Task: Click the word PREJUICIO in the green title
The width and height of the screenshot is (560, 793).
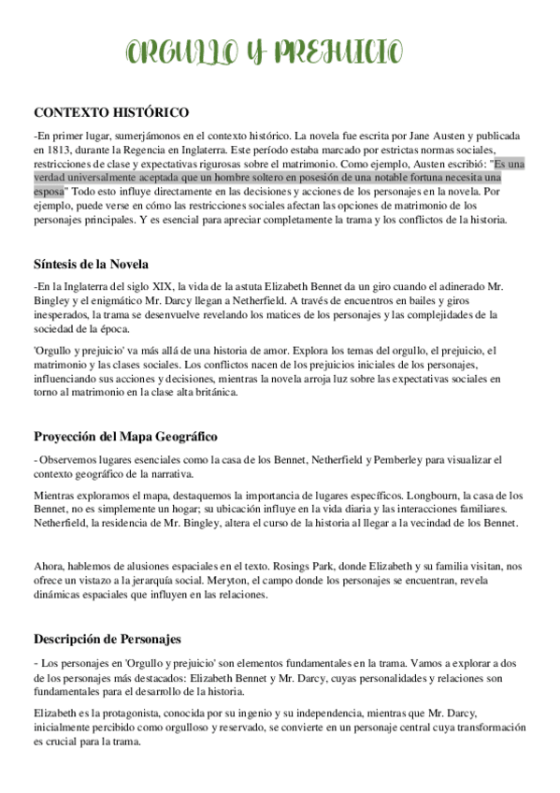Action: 339,53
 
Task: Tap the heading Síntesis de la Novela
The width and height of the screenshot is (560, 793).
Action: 91,263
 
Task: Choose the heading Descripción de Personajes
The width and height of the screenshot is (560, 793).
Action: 108,639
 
